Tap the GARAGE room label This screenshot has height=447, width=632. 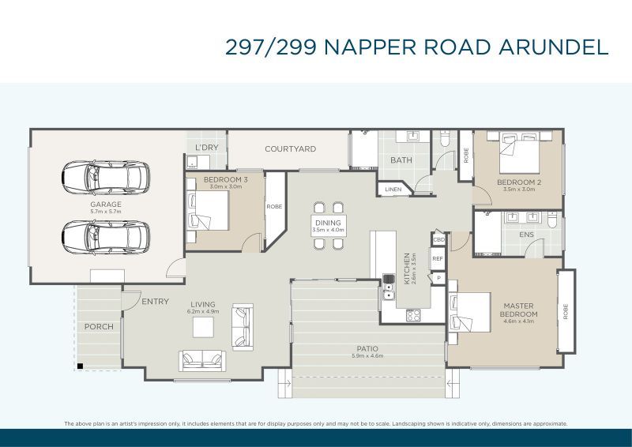tap(105, 205)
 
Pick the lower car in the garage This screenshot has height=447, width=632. tap(105, 235)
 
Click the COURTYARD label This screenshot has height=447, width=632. tap(290, 148)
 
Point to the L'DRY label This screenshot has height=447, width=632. tap(207, 148)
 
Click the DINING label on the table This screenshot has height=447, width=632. tap(328, 223)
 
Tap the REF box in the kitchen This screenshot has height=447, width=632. tap(437, 257)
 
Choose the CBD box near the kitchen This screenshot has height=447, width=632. tap(438, 239)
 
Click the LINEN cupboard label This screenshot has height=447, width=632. tap(393, 190)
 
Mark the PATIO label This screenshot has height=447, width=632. tap(367, 348)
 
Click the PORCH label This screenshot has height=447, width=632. tap(99, 326)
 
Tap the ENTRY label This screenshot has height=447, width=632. tap(155, 302)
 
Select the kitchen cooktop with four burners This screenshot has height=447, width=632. tap(413, 314)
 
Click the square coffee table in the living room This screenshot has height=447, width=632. tap(205, 326)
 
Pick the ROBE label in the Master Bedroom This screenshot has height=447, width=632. tap(566, 311)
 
